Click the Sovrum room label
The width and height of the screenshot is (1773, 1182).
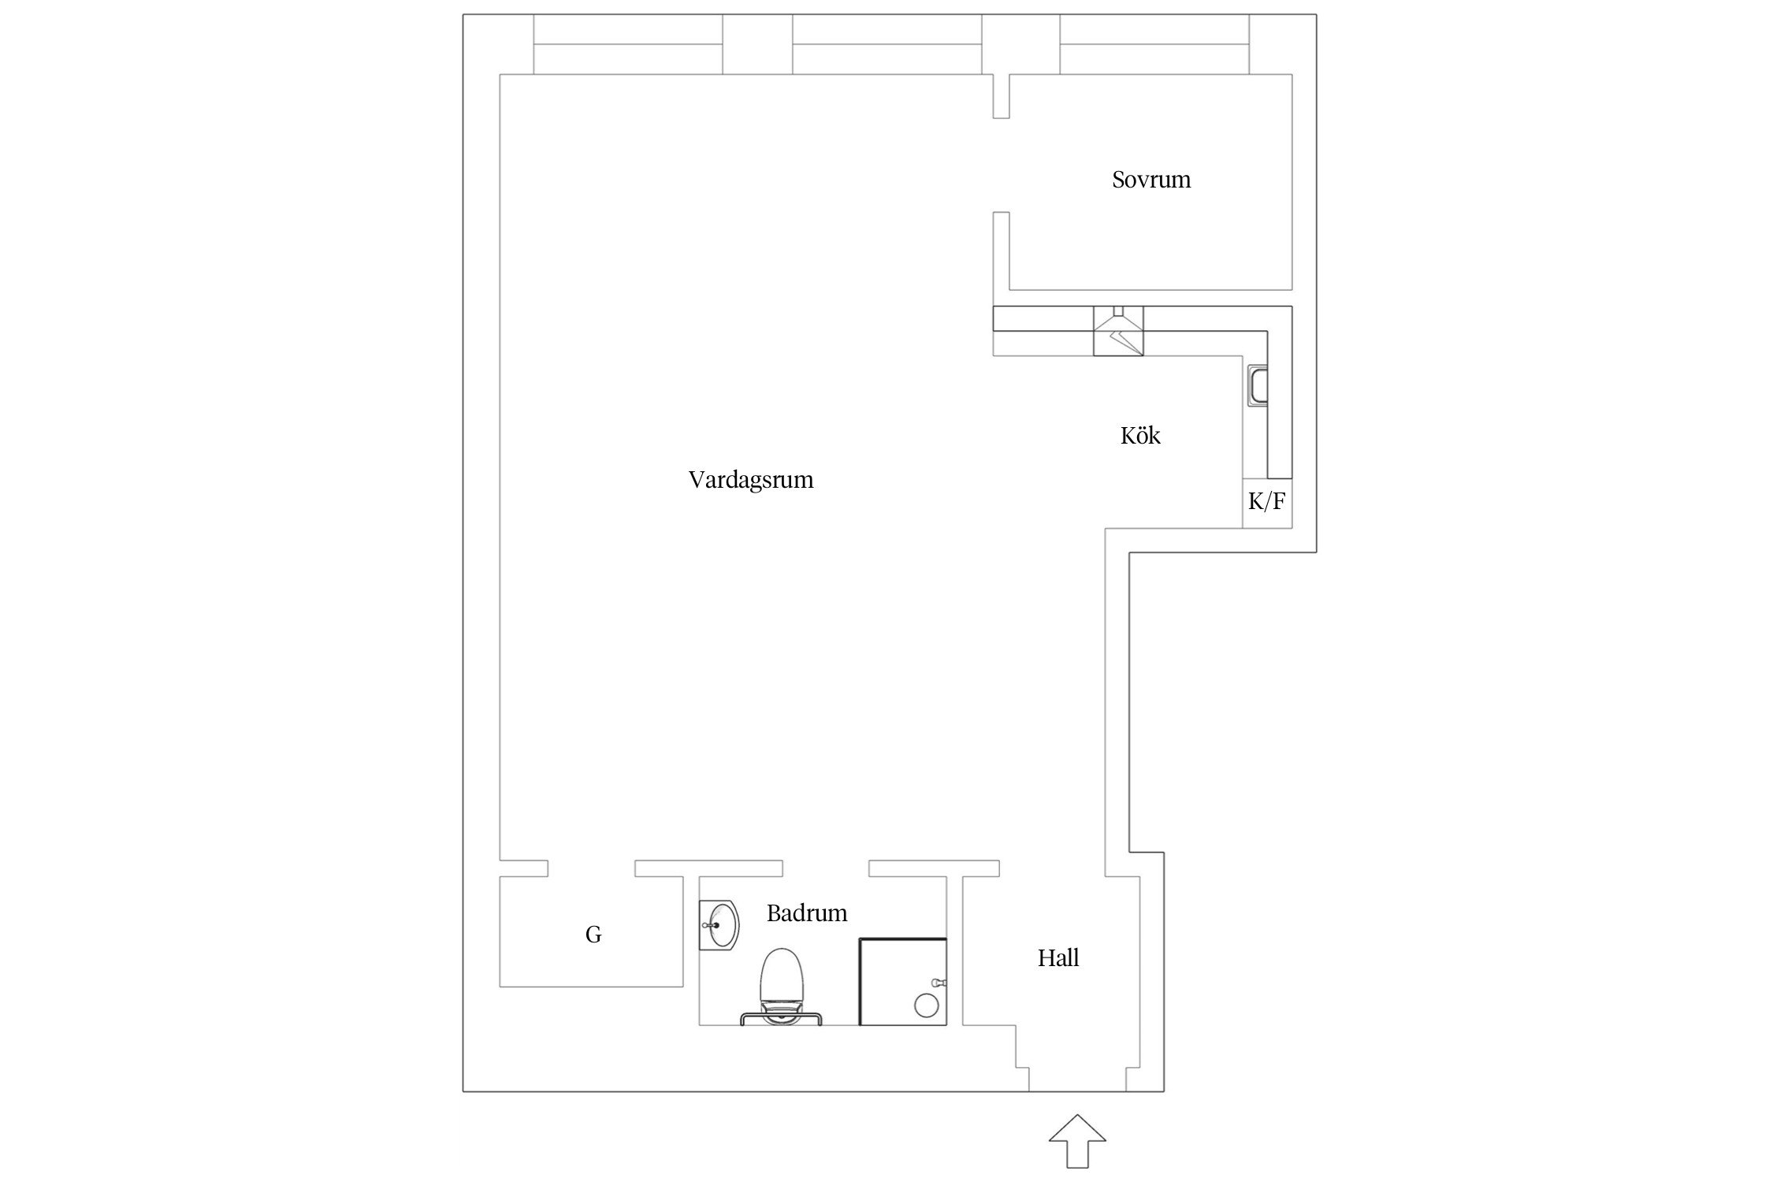[x=1150, y=180]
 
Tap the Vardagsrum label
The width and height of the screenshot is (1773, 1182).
[x=750, y=480]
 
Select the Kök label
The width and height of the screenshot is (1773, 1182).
[x=1139, y=436]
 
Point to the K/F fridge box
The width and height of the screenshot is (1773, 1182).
[x=1266, y=502]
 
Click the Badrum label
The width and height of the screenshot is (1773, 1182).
[x=806, y=913]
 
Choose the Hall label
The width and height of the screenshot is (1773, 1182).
[x=1057, y=958]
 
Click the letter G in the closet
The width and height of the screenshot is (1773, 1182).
[x=593, y=935]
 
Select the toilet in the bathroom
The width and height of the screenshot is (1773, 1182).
[x=780, y=981]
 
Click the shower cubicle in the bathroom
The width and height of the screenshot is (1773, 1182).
[x=902, y=981]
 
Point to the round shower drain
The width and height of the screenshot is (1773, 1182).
[x=926, y=1005]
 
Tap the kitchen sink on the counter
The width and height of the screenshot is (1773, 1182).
[x=1258, y=387]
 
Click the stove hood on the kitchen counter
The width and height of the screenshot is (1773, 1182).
[x=1118, y=332]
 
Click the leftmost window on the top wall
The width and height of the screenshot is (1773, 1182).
[x=628, y=45]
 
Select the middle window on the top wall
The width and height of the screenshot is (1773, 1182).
[x=886, y=45]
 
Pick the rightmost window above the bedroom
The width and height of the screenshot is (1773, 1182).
[x=1154, y=45]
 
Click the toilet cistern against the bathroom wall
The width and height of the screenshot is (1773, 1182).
[x=780, y=1018]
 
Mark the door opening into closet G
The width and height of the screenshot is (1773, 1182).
[x=591, y=868]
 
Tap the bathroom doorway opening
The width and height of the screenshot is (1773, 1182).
[x=826, y=868]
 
